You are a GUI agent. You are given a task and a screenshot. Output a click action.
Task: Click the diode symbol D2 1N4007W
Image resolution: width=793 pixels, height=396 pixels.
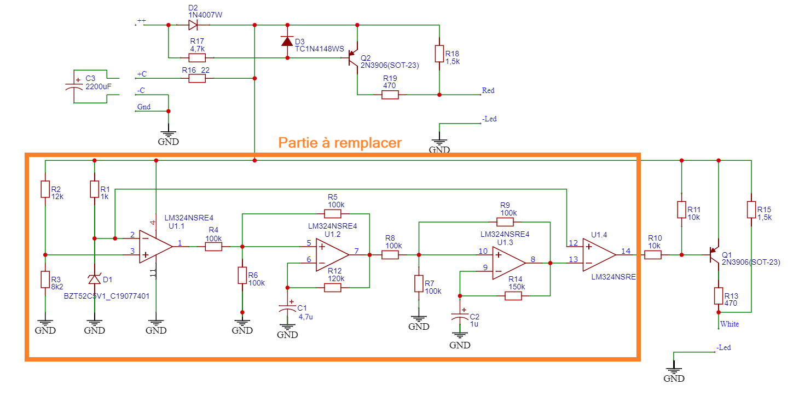click(x=193, y=25)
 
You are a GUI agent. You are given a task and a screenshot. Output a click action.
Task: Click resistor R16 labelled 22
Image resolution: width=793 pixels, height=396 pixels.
click(x=197, y=78)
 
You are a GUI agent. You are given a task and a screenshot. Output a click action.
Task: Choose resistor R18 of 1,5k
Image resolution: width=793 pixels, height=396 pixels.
click(x=439, y=54)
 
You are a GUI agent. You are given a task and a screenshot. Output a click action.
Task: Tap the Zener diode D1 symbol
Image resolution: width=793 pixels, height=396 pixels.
click(x=95, y=279)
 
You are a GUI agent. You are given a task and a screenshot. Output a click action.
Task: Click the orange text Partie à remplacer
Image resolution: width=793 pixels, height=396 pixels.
click(x=340, y=143)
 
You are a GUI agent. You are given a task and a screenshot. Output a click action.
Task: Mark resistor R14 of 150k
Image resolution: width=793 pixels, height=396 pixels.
click(x=513, y=296)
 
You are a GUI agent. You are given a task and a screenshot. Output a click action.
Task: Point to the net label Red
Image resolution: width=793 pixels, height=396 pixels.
click(x=488, y=90)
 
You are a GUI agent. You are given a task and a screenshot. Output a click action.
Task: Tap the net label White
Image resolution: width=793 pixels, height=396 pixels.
click(x=729, y=324)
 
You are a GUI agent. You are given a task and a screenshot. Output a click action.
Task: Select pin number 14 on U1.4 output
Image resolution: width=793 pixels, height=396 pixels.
click(x=626, y=251)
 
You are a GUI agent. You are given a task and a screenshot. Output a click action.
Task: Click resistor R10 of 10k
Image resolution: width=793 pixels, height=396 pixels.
click(x=653, y=254)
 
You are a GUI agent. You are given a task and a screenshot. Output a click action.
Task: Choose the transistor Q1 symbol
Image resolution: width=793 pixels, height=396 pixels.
click(x=714, y=254)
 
